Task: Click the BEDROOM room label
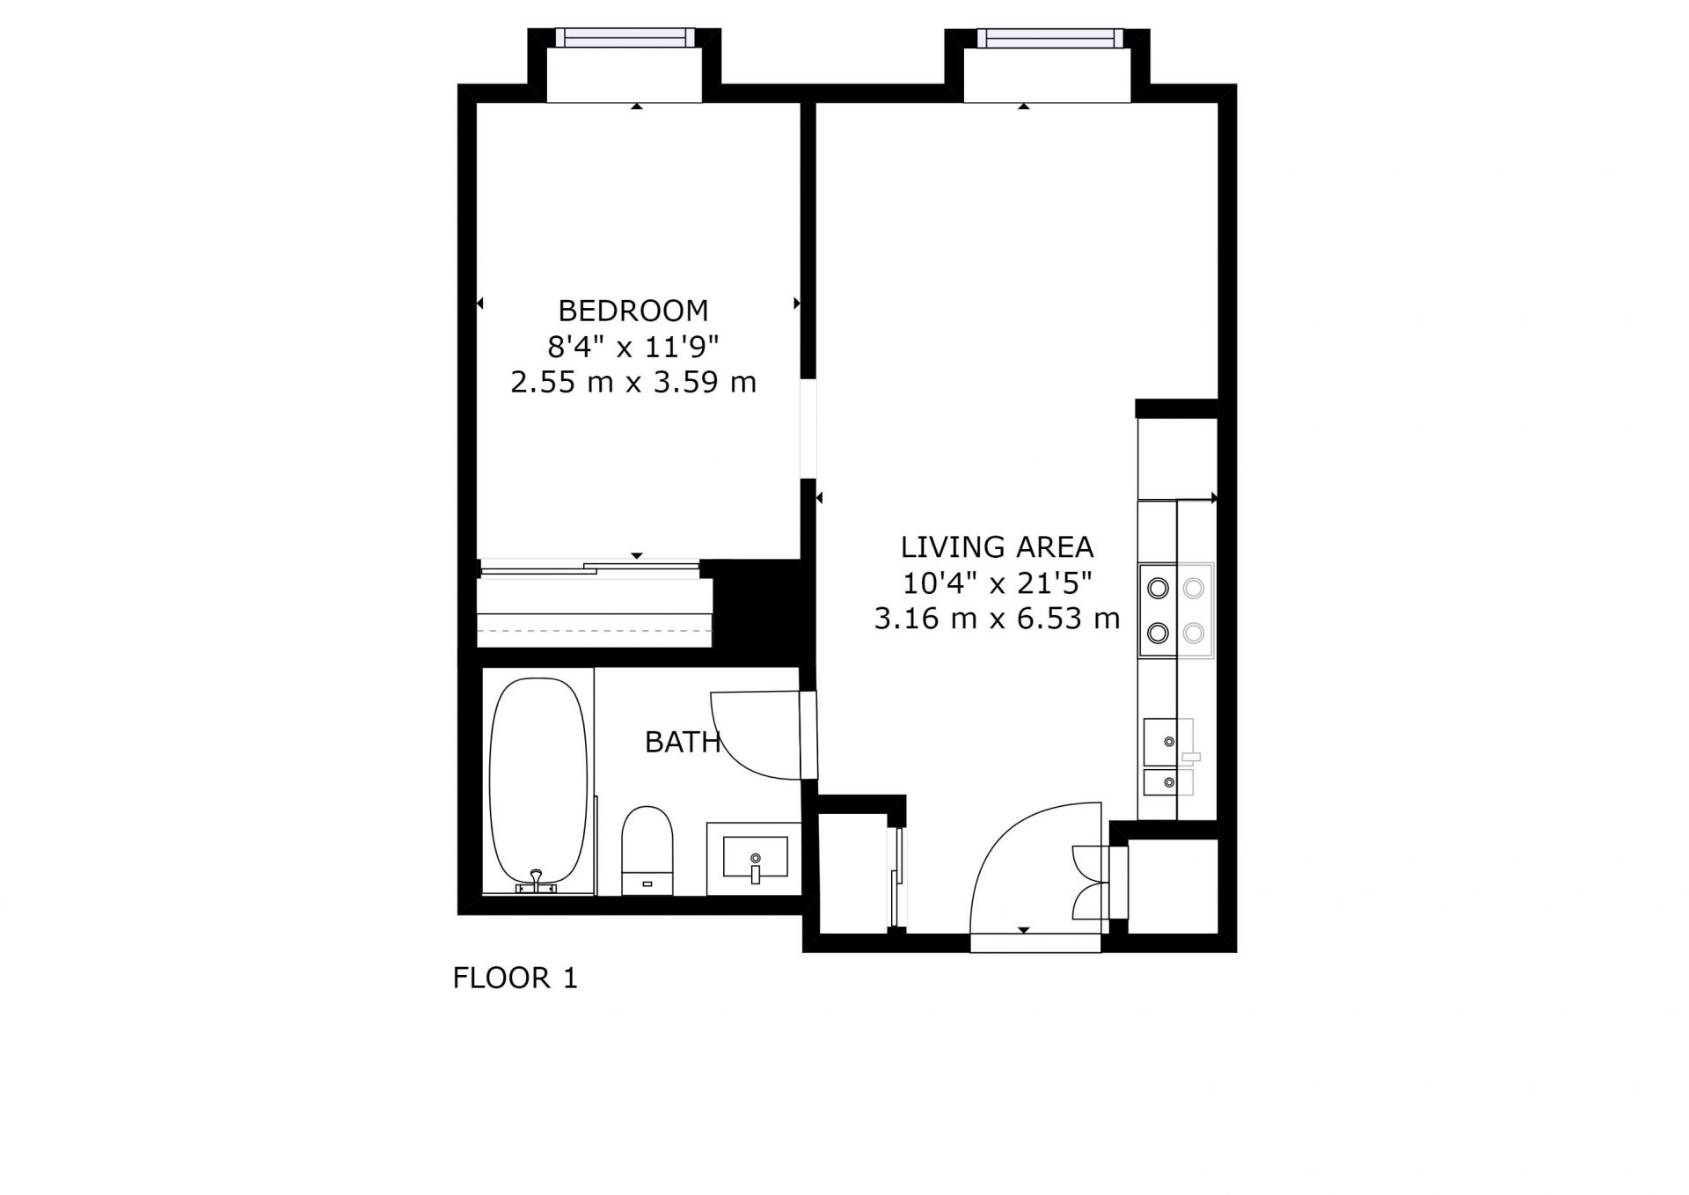(633, 311)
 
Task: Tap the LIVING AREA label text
(997, 547)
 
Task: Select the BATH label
(683, 743)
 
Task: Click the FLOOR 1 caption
(515, 978)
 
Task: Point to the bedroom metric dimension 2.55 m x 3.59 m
(633, 382)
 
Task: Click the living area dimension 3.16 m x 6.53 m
(997, 619)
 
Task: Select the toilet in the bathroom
(647, 850)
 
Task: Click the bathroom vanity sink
(755, 857)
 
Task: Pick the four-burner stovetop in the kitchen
(1176, 611)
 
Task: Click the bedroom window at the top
(625, 38)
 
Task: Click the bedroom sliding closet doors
(589, 568)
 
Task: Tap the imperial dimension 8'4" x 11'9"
(633, 347)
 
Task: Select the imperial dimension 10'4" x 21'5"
(997, 583)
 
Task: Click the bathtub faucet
(537, 881)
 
